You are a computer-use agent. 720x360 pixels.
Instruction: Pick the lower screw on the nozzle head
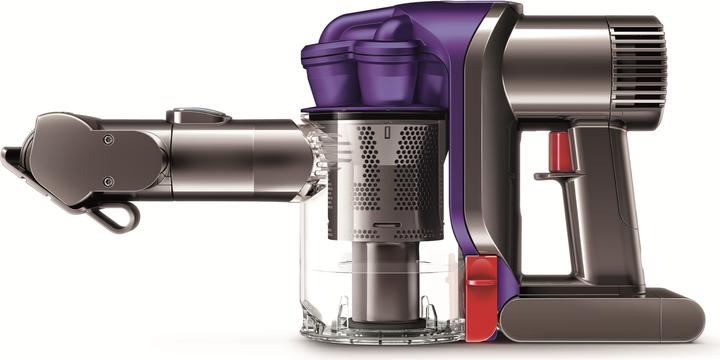click(x=107, y=181)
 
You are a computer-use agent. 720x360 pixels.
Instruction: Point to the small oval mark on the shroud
click(x=386, y=134)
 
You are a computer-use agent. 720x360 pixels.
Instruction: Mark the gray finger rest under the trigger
click(x=550, y=176)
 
